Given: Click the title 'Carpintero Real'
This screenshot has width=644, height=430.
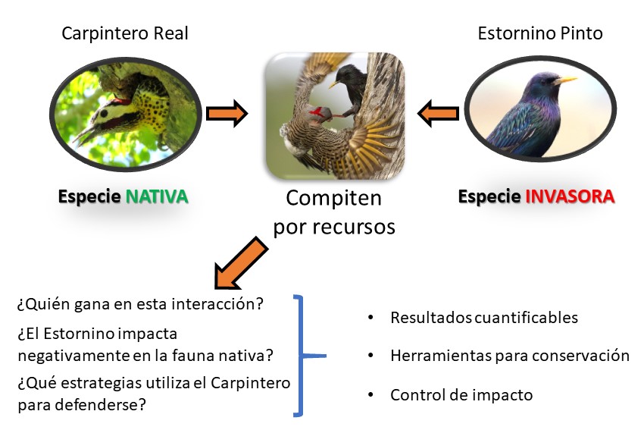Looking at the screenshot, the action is point(125,33).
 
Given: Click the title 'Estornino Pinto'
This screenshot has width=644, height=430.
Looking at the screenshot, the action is point(540,33).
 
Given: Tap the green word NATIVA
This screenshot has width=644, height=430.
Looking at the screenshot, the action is point(157,196).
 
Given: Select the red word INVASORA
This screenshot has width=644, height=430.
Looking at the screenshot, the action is point(570,196).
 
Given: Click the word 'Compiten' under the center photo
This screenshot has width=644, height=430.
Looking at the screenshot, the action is point(334,198).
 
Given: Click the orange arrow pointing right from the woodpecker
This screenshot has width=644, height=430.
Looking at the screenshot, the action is point(227,113).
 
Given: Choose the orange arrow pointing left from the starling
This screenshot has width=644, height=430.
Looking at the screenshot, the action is point(438,113).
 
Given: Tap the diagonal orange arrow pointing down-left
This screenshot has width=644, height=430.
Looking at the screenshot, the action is point(241,262).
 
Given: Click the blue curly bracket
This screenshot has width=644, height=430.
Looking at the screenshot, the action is point(303,356).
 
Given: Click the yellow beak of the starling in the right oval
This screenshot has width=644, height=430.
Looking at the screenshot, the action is point(566,80).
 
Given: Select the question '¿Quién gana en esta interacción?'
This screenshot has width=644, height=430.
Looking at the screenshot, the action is point(140,304).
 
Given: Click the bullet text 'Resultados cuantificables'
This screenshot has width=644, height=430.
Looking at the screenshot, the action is point(484,318).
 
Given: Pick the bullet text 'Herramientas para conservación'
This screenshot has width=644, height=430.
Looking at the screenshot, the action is point(510,356).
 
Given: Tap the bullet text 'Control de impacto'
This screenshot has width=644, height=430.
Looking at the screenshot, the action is point(461,395).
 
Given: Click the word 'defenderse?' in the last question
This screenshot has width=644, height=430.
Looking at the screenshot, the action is point(101,404).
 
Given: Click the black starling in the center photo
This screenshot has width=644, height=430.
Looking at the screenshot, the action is point(349,89).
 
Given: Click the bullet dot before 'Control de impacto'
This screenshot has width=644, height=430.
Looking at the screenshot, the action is point(371,395).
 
